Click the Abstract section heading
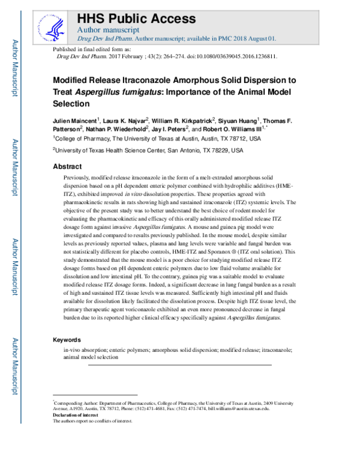coord(67,166)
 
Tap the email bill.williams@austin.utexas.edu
coord(236,408)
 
